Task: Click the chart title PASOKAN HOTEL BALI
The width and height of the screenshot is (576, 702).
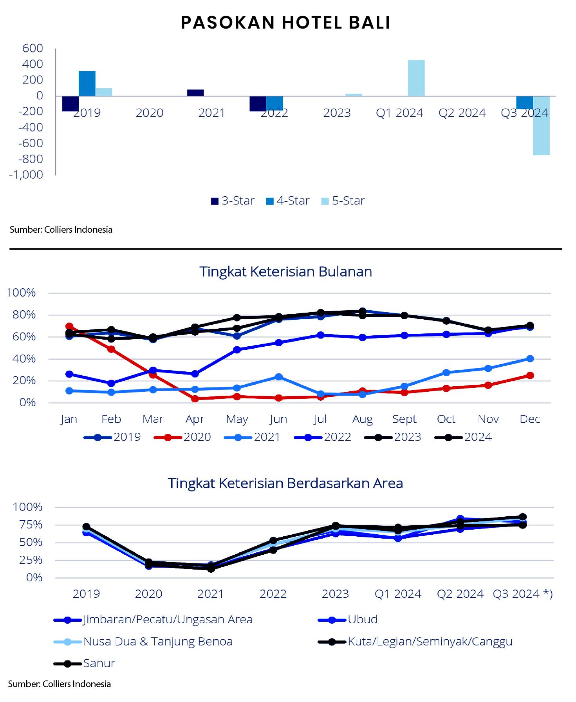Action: pyautogui.click(x=285, y=23)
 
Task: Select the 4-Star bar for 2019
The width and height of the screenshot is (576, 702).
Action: pyautogui.click(x=87, y=83)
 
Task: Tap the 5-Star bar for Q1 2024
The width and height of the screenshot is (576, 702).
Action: pyautogui.click(x=416, y=78)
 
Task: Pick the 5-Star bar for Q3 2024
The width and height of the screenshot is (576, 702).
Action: pyautogui.click(x=541, y=125)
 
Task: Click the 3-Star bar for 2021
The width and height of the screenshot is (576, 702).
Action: pyautogui.click(x=195, y=93)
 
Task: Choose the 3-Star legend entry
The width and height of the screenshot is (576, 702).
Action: pyautogui.click(x=233, y=201)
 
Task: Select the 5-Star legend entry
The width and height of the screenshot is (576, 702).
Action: pyautogui.click(x=343, y=201)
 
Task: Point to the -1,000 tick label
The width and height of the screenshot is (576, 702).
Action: pyautogui.click(x=26, y=175)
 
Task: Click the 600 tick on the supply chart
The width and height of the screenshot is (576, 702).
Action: pyautogui.click(x=33, y=48)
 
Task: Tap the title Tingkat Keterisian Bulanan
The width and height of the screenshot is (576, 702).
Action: pyautogui.click(x=285, y=271)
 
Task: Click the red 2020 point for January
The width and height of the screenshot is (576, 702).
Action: pyautogui.click(x=69, y=326)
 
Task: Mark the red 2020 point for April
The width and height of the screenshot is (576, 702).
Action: pyautogui.click(x=195, y=399)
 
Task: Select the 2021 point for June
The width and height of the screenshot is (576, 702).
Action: pyautogui.click(x=278, y=377)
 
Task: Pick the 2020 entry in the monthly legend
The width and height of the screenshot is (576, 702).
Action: pyautogui.click(x=182, y=437)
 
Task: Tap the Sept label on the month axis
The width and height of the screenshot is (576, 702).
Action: pyautogui.click(x=404, y=419)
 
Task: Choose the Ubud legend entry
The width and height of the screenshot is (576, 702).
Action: pyautogui.click(x=348, y=619)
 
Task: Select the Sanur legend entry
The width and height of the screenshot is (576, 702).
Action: pyautogui.click(x=85, y=663)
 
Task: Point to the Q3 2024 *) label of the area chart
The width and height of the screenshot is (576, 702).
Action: pyautogui.click(x=522, y=594)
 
